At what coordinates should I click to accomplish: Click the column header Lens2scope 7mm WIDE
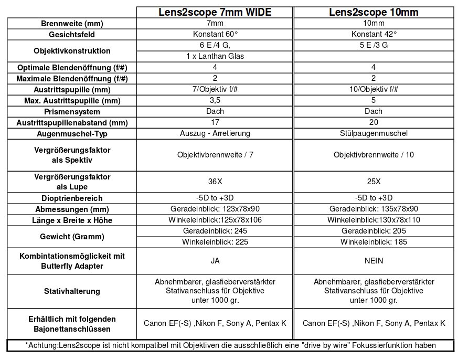[x=215, y=13]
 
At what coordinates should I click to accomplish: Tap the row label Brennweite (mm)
[x=71, y=24]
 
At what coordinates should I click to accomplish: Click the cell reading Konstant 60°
[x=215, y=34]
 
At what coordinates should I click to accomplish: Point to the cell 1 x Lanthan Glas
[x=215, y=56]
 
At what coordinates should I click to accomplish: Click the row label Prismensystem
[x=71, y=112]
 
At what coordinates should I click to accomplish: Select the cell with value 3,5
[x=215, y=100]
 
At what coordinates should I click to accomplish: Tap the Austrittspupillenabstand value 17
[x=215, y=122]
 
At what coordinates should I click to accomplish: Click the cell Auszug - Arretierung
[x=215, y=133]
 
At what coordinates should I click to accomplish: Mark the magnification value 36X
[x=215, y=182]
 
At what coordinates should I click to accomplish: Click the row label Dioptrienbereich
[x=71, y=198]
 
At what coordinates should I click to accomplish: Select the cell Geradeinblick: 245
[x=215, y=231]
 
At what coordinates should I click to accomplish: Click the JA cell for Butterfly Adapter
[x=215, y=261]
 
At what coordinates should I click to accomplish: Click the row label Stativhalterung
[x=71, y=291]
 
